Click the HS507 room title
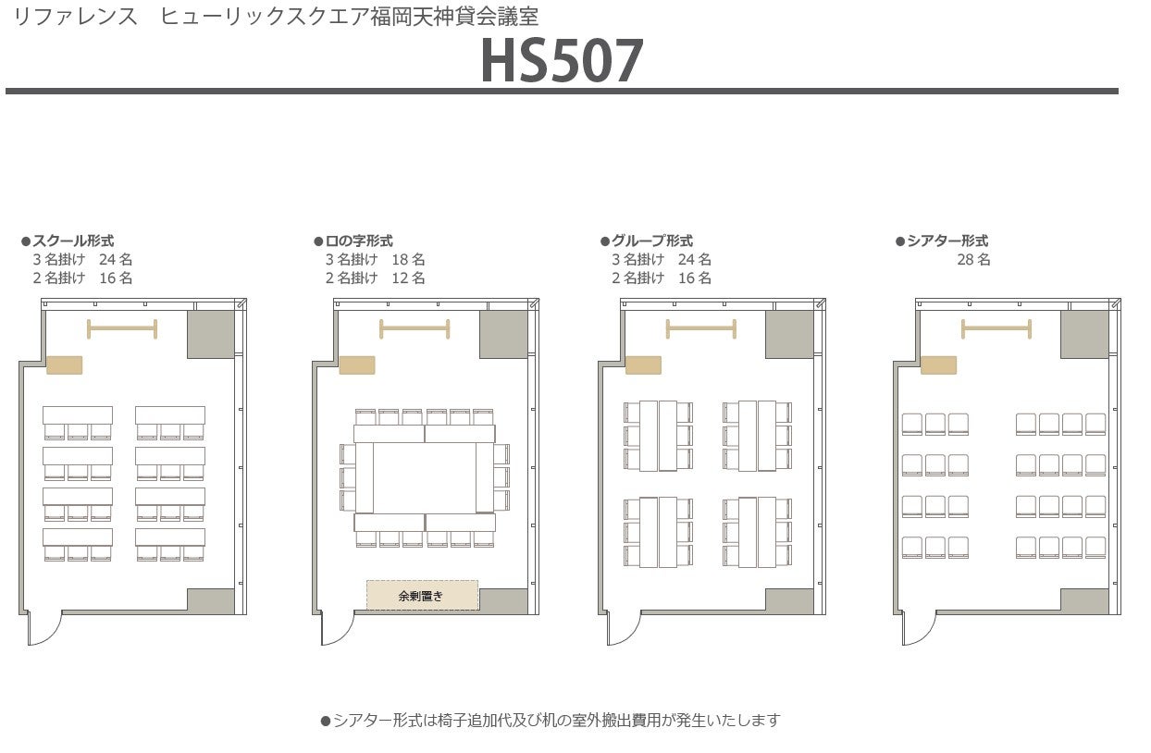(x=562, y=61)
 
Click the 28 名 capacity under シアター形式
(x=973, y=259)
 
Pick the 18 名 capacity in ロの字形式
(x=409, y=259)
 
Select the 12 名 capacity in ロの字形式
(x=409, y=278)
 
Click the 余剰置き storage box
(x=423, y=596)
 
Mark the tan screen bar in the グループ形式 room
(x=701, y=328)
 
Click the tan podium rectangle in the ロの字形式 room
(x=357, y=365)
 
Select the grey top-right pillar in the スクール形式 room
(x=211, y=334)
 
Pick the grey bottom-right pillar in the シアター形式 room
(x=1084, y=600)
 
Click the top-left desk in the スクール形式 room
(x=78, y=415)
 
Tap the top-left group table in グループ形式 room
(x=658, y=436)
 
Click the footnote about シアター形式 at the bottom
(x=551, y=720)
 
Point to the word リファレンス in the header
(x=76, y=17)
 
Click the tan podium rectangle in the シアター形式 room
(x=939, y=365)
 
